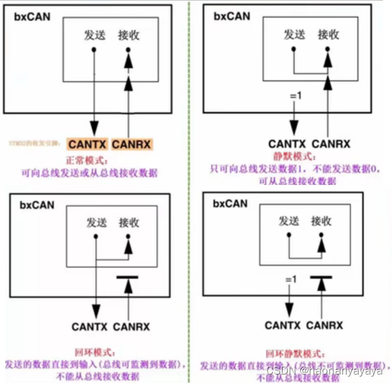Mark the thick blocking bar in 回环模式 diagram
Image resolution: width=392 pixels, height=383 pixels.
click(128, 279)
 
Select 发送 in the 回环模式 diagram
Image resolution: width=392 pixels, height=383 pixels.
click(97, 223)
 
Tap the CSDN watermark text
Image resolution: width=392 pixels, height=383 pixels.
click(326, 370)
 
